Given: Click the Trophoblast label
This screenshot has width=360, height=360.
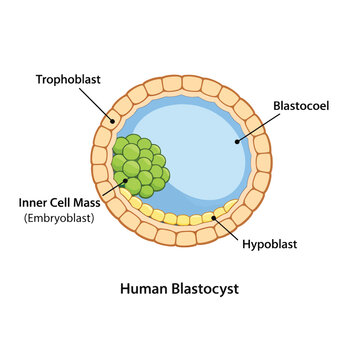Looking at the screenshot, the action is pos(68,80).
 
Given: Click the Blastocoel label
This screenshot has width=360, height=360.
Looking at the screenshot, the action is pos(301,106).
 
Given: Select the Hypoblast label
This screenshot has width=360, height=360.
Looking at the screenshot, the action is pos(269,244).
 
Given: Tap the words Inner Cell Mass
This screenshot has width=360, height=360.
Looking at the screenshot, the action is pos(60,203).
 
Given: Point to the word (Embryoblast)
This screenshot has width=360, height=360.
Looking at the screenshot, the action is pos(59,219).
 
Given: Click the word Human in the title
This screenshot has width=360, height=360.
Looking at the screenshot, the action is pos(144,289).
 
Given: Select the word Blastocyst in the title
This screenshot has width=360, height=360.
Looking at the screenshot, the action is pos(205,289).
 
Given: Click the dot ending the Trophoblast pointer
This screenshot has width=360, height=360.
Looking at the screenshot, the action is pos(113,121).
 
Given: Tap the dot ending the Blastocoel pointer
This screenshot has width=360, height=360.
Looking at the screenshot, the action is pos(237,142).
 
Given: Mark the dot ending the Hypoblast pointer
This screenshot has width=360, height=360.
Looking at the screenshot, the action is pos(213,218).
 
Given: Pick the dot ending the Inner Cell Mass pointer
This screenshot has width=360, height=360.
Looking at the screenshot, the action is pos(126,181).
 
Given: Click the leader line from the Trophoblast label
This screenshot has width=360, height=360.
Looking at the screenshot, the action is pos(96,105).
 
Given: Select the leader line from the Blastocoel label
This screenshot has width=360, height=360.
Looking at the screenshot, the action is pos(259,128).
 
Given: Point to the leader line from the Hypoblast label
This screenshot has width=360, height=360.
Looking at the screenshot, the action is pos(225,229).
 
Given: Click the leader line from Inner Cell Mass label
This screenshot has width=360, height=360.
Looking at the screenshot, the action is pos(114,188).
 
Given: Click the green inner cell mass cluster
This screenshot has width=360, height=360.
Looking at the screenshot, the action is pos(141,166).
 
